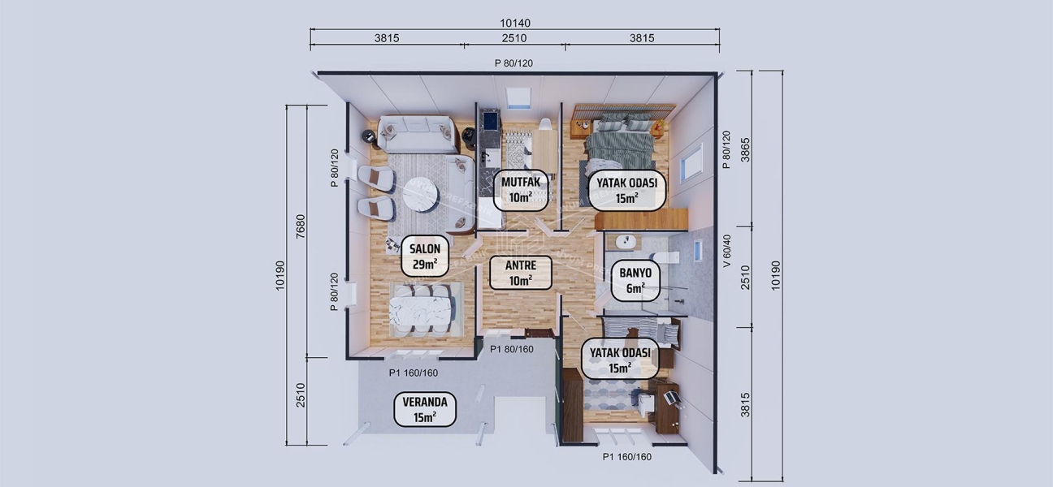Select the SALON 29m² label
coord(425,255)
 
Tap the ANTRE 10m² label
coord(520,272)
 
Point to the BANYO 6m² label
coord(635,280)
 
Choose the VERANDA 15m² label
coord(425,409)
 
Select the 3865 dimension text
coord(746,150)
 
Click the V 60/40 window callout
coord(727,252)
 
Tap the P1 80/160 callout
coord(511,350)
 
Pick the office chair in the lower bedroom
coord(672,397)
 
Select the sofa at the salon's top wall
coord(415,135)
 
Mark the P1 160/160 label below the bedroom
coord(626,457)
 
